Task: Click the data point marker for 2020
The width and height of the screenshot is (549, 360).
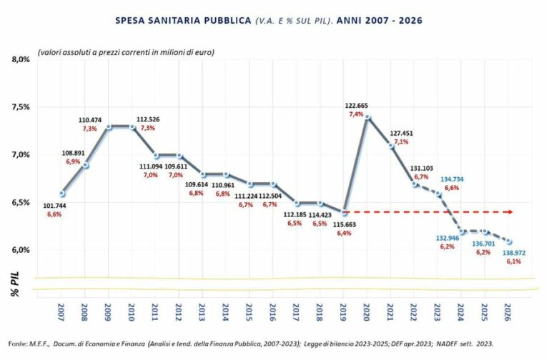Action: (x=367, y=116)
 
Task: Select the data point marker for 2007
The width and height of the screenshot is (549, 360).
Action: (x=61, y=193)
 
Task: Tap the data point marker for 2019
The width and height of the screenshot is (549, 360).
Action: (x=344, y=212)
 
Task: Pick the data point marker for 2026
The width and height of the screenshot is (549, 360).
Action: (x=509, y=241)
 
